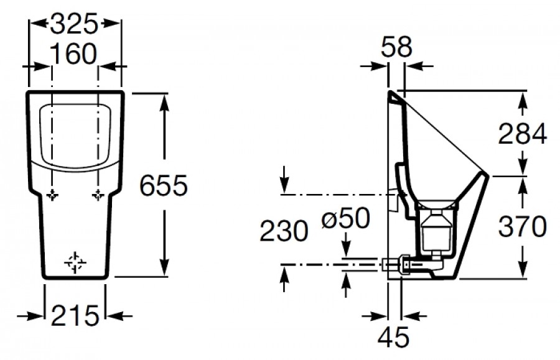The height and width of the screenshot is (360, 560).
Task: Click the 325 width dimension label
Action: [x=74, y=24]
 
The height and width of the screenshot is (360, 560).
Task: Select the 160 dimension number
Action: [x=73, y=53]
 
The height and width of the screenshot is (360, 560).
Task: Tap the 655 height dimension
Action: [x=164, y=185]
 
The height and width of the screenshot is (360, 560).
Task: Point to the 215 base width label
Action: [x=75, y=315]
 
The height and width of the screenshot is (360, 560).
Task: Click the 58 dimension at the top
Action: [x=396, y=47]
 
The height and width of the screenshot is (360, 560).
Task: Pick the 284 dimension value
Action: [x=523, y=134]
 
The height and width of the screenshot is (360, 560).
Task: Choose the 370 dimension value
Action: [x=523, y=226]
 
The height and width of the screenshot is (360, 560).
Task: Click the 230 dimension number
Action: [x=284, y=231]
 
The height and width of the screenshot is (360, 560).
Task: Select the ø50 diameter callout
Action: [x=345, y=218]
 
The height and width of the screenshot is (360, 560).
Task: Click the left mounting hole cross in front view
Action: [x=52, y=195]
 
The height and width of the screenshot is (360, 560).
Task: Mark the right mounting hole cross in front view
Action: [x=98, y=195]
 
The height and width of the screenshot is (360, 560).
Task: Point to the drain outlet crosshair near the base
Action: [x=75, y=263]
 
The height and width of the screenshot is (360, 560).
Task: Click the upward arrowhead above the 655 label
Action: [x=164, y=102]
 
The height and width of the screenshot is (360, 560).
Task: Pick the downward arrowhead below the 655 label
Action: [x=164, y=267]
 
